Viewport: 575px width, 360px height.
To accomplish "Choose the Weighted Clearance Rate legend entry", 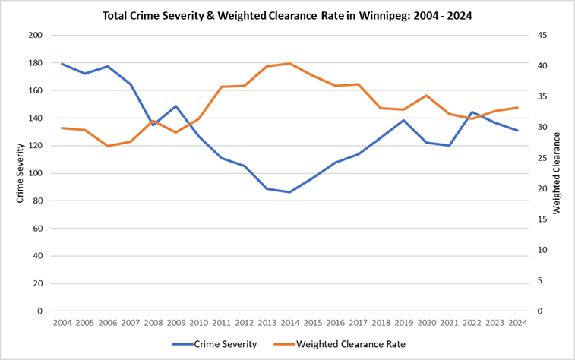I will pyautogui.click(x=352, y=344).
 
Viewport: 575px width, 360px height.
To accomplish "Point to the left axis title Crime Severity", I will pyautogui.click(x=21, y=173).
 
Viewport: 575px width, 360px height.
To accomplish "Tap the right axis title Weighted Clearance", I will pyautogui.click(x=557, y=173).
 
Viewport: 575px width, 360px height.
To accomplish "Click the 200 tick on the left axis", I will pyautogui.click(x=36, y=36).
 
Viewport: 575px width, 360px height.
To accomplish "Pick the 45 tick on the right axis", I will pyautogui.click(x=537, y=36).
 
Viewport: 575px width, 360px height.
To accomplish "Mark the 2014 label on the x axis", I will pyautogui.click(x=289, y=323).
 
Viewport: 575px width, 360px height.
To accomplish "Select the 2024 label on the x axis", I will pyautogui.click(x=517, y=323).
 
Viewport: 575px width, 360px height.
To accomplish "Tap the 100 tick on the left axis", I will pyautogui.click(x=36, y=173).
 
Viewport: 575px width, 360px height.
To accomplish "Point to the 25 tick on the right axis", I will pyautogui.click(x=537, y=158).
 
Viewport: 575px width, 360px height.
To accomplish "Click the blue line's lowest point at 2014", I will pyautogui.click(x=289, y=192).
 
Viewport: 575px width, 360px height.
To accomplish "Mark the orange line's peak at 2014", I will pyautogui.click(x=289, y=63).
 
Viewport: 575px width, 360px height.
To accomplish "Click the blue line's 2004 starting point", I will pyautogui.click(x=62, y=64).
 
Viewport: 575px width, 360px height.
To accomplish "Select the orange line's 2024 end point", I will pyautogui.click(x=517, y=107).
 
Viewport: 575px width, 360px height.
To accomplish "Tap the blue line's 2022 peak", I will pyautogui.click(x=472, y=112).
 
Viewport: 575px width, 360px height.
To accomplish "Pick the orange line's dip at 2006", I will pyautogui.click(x=107, y=146).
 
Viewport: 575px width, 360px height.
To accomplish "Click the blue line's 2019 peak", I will pyautogui.click(x=403, y=120).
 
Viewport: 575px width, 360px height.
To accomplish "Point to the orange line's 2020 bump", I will pyautogui.click(x=426, y=96).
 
